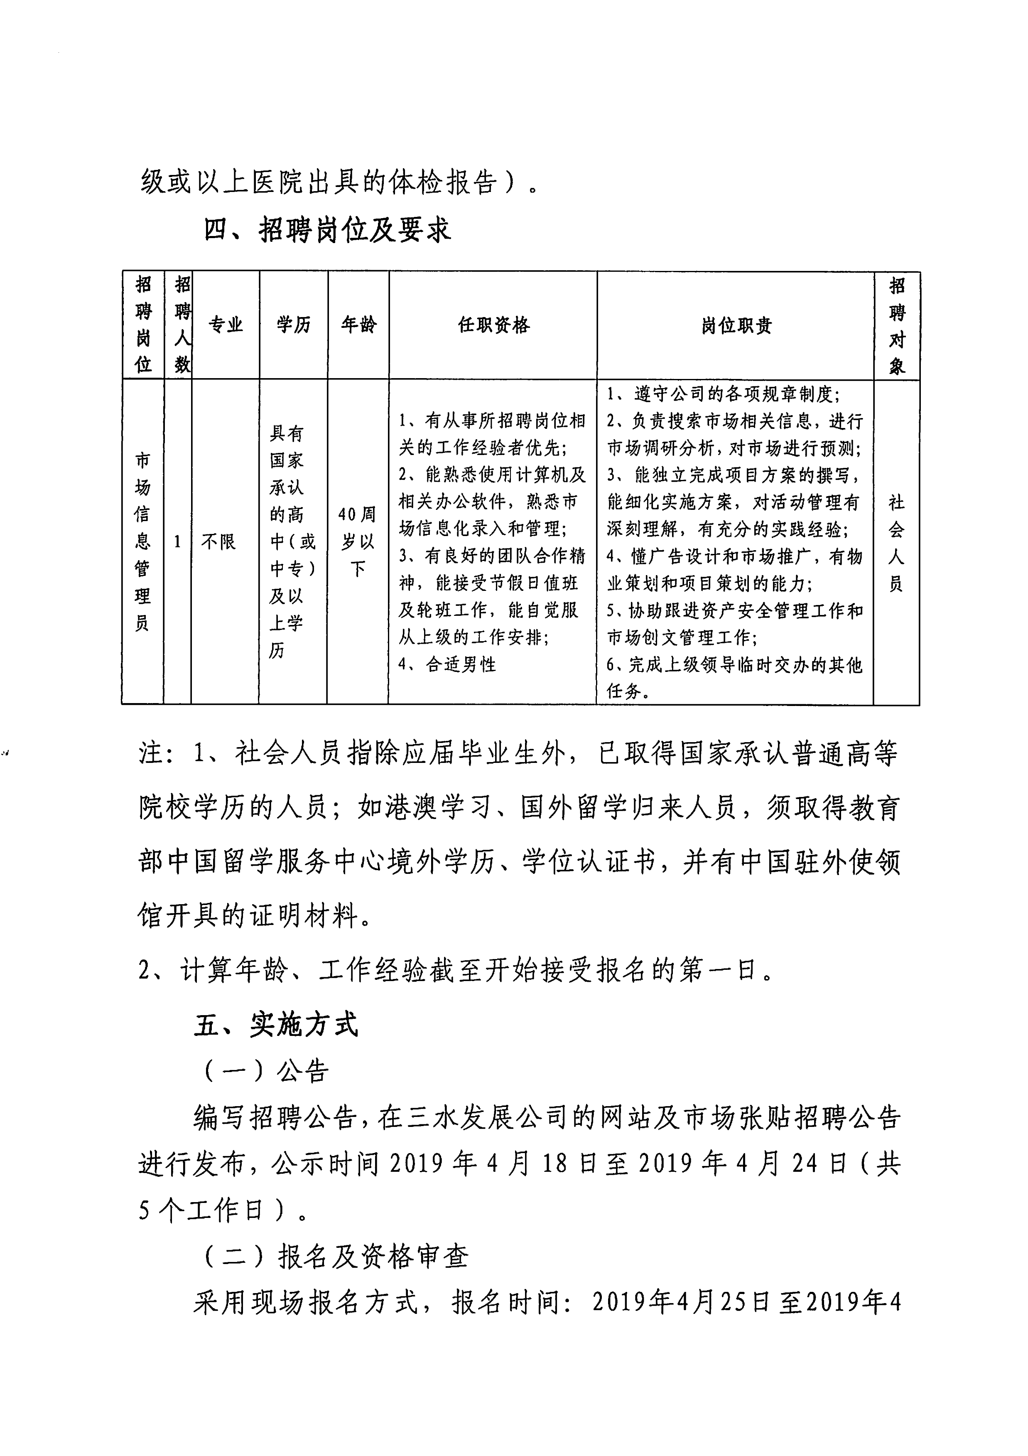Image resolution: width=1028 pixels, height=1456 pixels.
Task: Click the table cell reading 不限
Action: click(218, 541)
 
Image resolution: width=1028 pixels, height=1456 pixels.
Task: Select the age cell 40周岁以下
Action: click(358, 541)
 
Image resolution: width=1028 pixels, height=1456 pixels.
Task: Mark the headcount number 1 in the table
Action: click(177, 541)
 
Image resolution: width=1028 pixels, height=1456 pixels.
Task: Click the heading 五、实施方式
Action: click(276, 1025)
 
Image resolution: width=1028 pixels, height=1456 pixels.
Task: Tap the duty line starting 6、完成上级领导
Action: click(734, 664)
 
